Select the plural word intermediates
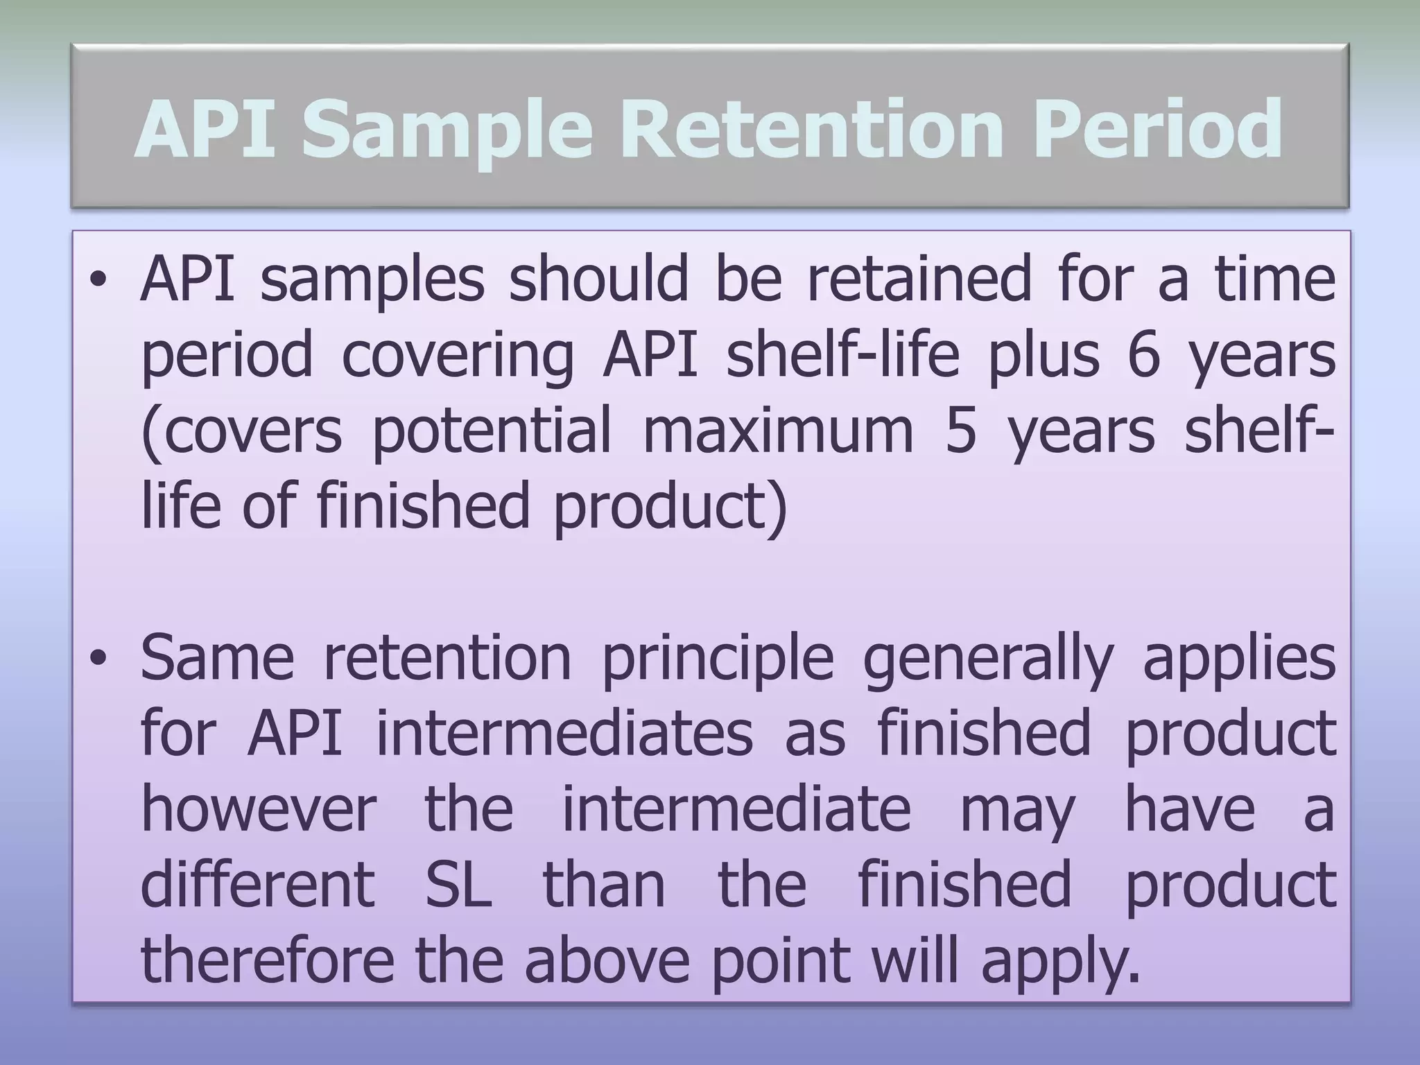click(564, 734)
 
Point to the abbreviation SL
click(458, 885)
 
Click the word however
click(259, 810)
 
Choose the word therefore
click(267, 960)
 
